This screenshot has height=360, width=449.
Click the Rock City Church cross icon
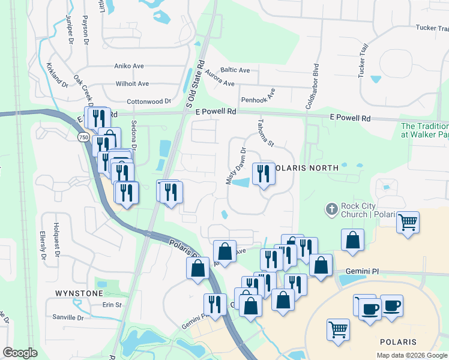click(331, 209)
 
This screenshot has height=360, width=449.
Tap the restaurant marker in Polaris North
click(264, 174)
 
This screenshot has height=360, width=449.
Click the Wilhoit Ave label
click(132, 84)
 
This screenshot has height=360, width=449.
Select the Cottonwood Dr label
click(149, 102)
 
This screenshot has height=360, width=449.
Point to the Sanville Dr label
click(68, 317)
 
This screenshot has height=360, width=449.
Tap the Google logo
click(20, 353)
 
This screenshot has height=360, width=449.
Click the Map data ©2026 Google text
click(411, 355)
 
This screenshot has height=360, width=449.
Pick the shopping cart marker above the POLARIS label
click(338, 329)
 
